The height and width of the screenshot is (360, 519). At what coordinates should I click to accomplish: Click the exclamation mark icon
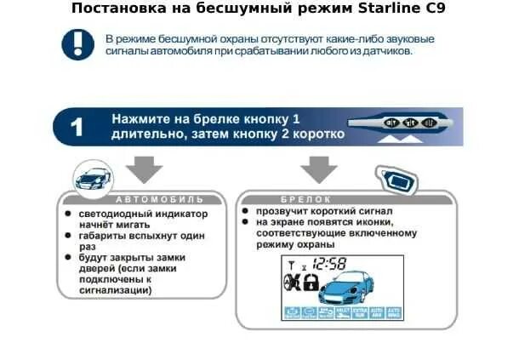[77, 44]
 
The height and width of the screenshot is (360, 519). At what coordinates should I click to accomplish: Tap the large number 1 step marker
[77, 128]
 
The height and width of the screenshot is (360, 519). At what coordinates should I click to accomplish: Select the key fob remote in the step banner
[412, 123]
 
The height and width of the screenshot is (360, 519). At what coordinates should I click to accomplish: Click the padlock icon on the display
[311, 283]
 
